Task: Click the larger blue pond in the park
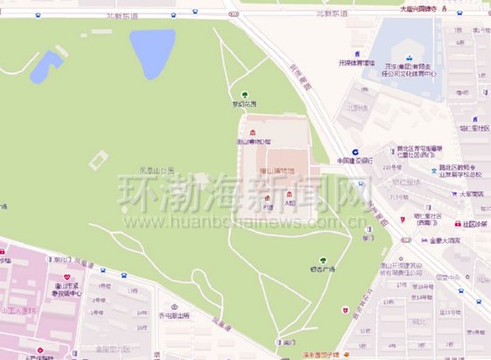[x=152, y=52]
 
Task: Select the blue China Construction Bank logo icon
[x=355, y=152]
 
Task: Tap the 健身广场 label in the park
[x=321, y=269]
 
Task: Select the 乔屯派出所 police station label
[x=172, y=314]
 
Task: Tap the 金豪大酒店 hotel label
[x=443, y=241]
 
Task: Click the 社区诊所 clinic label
[x=474, y=223]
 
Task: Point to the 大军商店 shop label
[x=471, y=194]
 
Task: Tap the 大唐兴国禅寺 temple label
[x=418, y=8]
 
